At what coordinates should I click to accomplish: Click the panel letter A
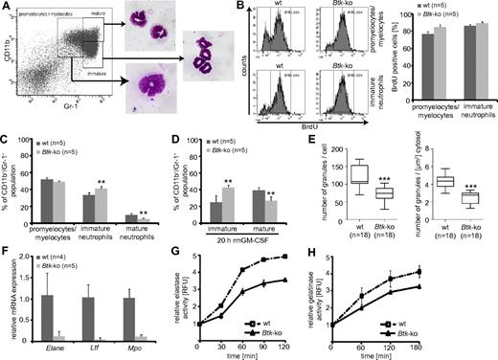(x=8, y=7)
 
